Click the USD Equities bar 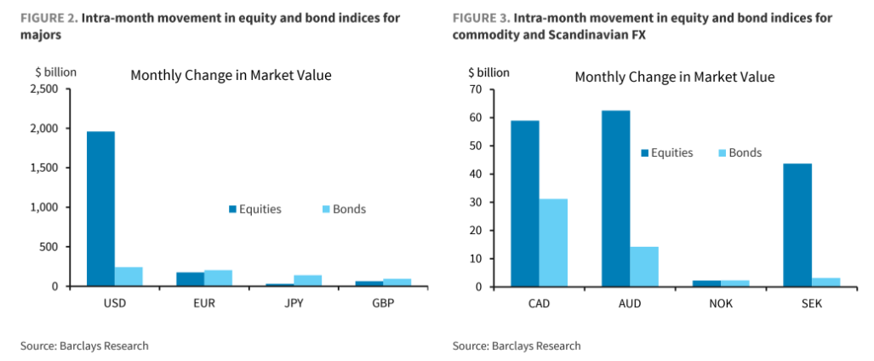(100, 209)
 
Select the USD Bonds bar (129, 277)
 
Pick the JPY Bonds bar (307, 281)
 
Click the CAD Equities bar (525, 203)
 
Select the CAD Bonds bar (553, 243)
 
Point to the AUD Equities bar (615, 198)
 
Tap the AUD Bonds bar (644, 266)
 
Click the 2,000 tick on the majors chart (43, 129)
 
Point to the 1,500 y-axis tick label (43, 168)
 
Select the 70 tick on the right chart (476, 89)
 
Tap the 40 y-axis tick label (476, 174)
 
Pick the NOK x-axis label (720, 302)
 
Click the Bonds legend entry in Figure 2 (343, 209)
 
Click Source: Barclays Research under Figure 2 (85, 346)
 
